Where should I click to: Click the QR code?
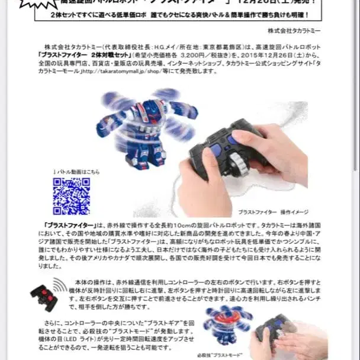pyautogui.click(x=71, y=196)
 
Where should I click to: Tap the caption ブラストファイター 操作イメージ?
pyautogui.click(x=268, y=212)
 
